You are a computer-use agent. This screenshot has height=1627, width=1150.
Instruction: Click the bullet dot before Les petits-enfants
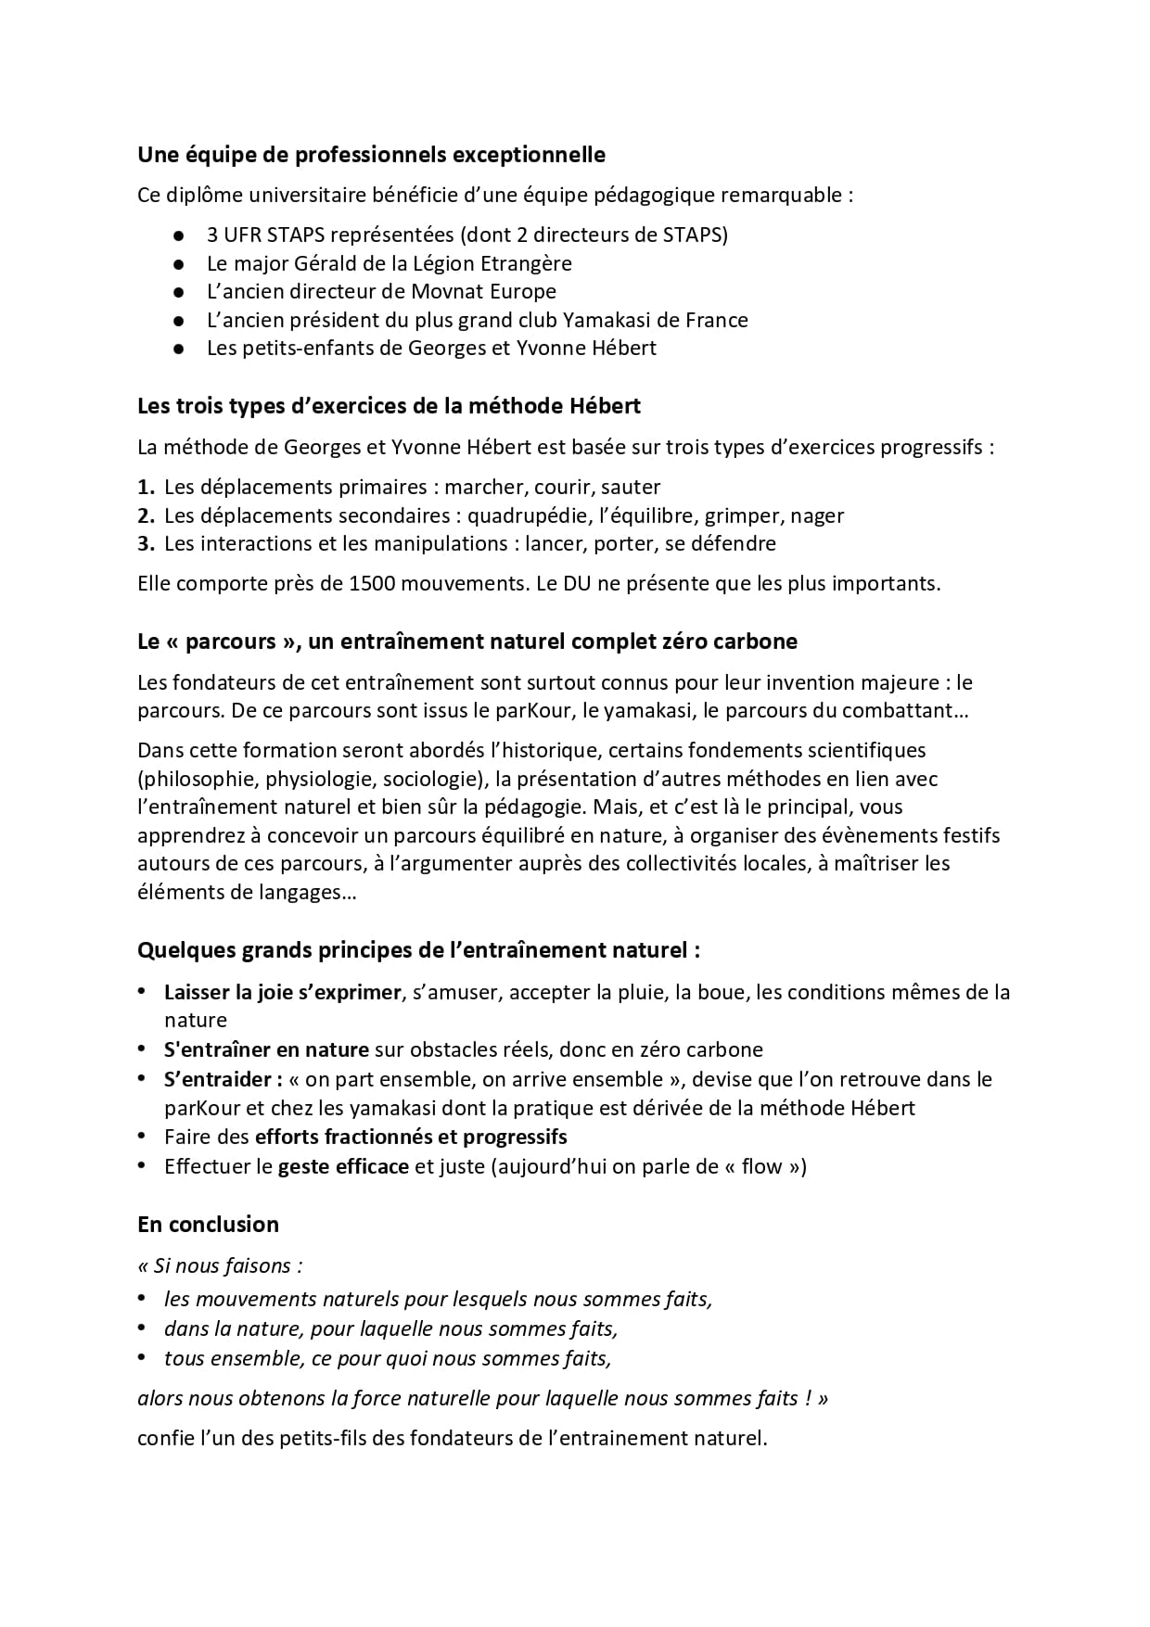179,350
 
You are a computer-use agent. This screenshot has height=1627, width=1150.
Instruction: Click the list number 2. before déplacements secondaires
146,515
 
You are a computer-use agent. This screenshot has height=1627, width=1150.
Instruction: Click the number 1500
377,584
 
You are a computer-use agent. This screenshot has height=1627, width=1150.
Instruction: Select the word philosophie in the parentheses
196,779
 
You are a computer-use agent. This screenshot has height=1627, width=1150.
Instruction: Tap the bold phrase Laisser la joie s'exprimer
283,992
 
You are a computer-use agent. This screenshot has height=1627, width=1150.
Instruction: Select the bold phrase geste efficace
343,1166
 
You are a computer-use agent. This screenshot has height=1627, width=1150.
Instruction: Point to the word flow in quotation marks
761,1166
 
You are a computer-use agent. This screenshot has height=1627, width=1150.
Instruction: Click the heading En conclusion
208,1224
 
